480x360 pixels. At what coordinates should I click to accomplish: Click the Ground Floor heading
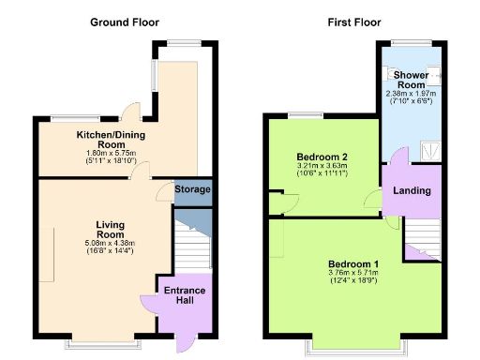(x=124, y=22)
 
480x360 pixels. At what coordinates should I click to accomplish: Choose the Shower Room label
(x=411, y=80)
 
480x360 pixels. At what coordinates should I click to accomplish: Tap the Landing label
(x=412, y=191)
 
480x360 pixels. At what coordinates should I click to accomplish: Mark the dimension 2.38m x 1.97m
(x=411, y=93)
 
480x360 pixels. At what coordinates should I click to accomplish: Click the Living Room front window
(x=97, y=342)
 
